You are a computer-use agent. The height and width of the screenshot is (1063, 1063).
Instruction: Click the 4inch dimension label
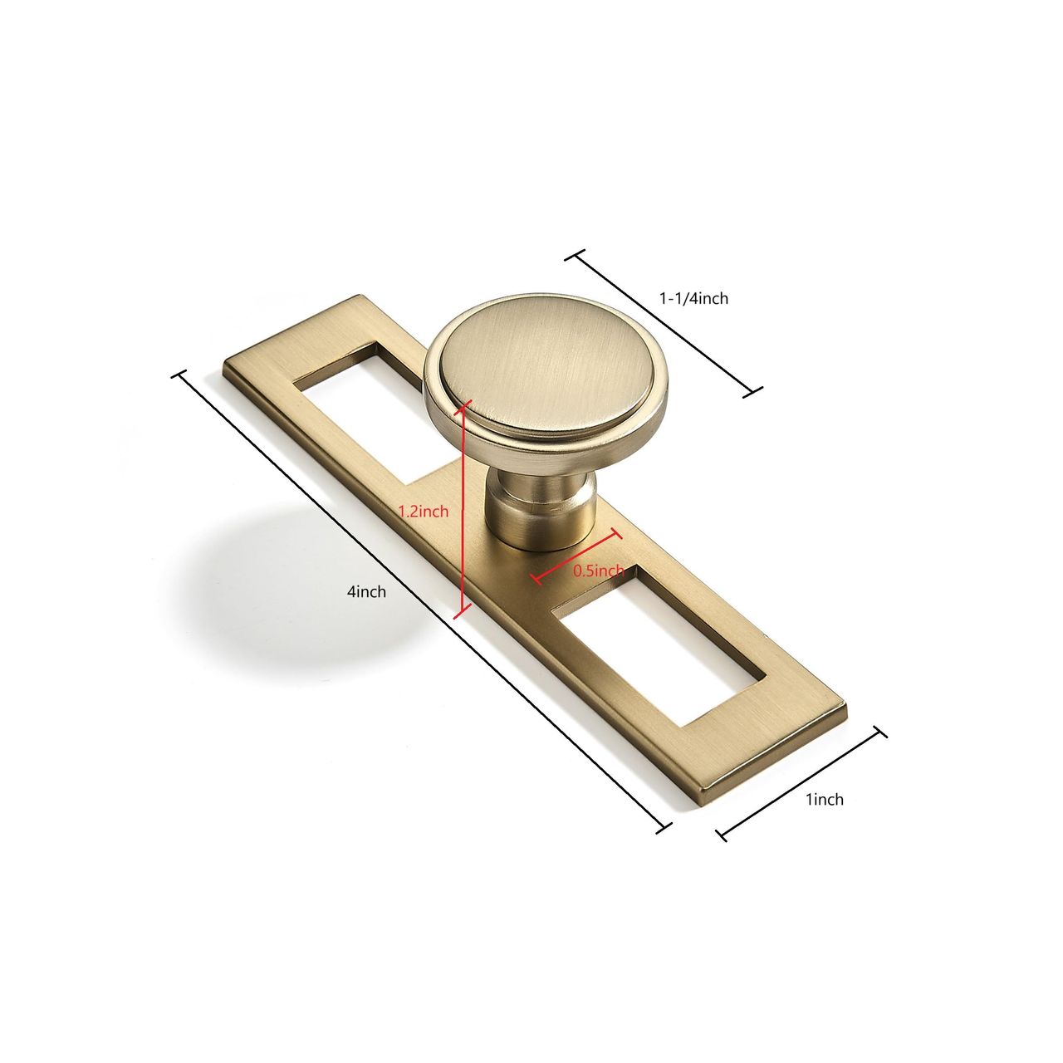[x=366, y=591]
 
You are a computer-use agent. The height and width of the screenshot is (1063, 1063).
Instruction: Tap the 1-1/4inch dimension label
[x=693, y=298]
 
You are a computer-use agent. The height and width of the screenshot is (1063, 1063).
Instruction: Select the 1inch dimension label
[x=825, y=799]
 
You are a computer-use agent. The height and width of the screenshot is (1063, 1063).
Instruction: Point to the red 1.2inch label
[x=424, y=512]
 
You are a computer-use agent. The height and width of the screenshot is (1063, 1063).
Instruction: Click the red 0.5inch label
[x=599, y=571]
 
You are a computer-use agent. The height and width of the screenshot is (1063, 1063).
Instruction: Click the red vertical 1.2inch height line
[x=463, y=508]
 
